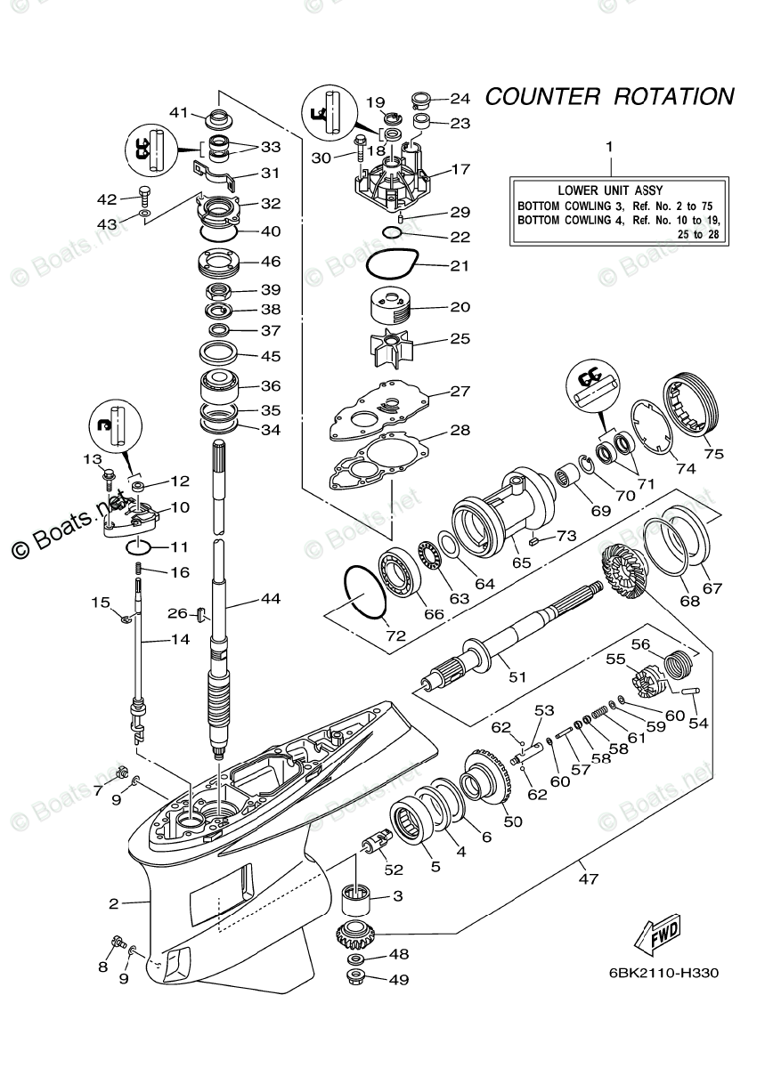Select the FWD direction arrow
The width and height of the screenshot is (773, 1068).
(x=655, y=935)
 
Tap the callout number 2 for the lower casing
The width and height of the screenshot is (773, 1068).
(x=113, y=904)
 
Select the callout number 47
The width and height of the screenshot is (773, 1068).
(x=586, y=878)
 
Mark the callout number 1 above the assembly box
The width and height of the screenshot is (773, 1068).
(x=609, y=145)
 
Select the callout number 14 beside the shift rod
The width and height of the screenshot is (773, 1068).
(x=180, y=638)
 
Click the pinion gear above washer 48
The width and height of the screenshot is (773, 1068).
(x=357, y=937)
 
